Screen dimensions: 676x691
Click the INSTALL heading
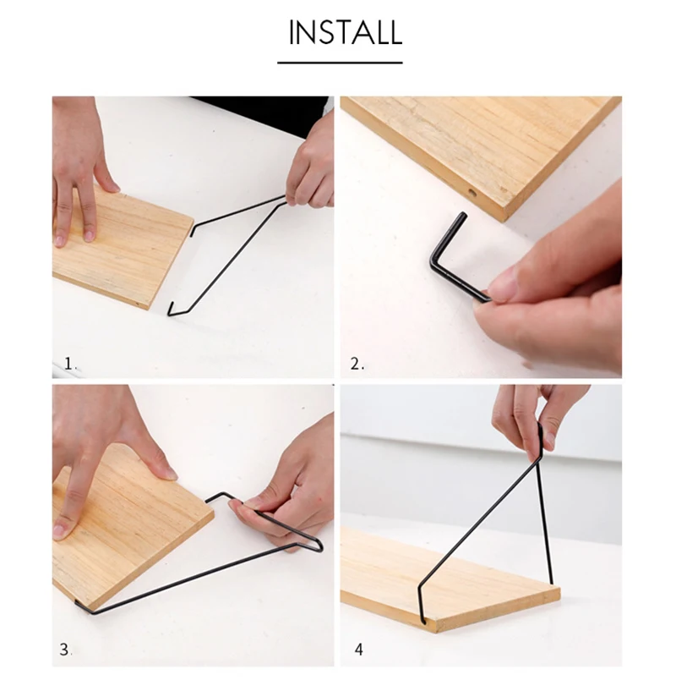tap(346, 32)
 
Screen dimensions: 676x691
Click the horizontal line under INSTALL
tap(340, 63)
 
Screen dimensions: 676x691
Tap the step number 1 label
tap(70, 364)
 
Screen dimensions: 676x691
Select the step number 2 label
tap(357, 364)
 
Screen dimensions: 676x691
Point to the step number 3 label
tap(65, 650)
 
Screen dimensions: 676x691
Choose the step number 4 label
tap(359, 650)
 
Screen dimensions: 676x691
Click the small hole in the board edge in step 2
tap(472, 193)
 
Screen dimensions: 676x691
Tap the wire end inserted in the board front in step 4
tap(422, 621)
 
